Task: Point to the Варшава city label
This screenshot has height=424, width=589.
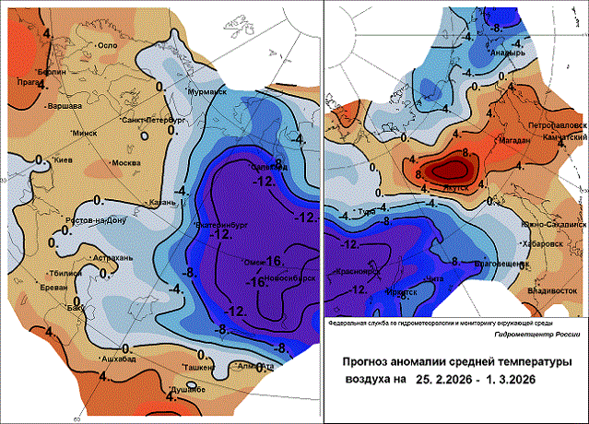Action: [64, 105]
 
